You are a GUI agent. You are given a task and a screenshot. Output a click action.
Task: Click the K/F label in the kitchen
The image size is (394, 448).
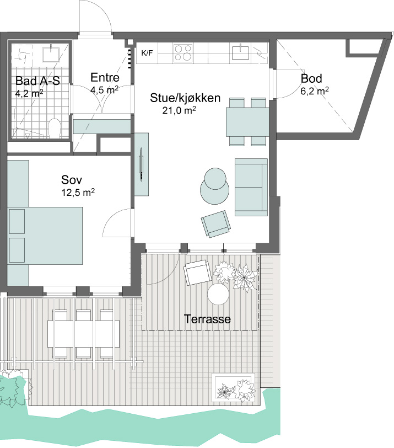coord(147,53)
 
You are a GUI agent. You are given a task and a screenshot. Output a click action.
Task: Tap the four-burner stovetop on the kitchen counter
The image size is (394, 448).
coord(183,53)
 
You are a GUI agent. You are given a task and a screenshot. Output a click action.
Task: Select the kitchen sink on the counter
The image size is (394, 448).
coord(241,52)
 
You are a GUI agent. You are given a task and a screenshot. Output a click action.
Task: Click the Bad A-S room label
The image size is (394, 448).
coord(37,81)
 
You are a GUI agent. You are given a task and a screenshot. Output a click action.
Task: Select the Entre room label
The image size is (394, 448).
coord(105,77)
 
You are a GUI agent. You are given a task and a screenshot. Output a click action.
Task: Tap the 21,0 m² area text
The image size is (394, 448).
coord(179,110)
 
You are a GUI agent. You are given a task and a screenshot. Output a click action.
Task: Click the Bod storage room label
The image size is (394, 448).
coord(311,78)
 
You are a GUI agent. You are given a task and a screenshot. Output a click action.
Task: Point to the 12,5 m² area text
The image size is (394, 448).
coord(78,193)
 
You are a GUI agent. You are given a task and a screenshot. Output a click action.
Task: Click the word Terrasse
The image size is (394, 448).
coord(207,319)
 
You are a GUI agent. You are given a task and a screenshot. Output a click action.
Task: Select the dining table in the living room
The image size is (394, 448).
coord(247,122)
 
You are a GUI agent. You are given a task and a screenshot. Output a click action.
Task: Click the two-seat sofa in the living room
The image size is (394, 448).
coord(251,187)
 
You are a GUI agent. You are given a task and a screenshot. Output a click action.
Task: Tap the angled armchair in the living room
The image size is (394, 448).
coord(216,225)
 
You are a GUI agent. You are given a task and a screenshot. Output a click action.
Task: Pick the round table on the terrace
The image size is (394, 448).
coord(218,294)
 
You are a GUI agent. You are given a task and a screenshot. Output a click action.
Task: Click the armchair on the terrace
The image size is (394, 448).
coord(198,273)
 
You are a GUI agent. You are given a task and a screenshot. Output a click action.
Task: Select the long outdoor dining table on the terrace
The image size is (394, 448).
coord(83,334)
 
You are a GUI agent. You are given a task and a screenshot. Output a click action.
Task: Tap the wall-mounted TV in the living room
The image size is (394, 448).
coord(141,164)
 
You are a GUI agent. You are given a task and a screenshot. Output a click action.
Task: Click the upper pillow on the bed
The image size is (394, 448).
coord(17,221)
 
